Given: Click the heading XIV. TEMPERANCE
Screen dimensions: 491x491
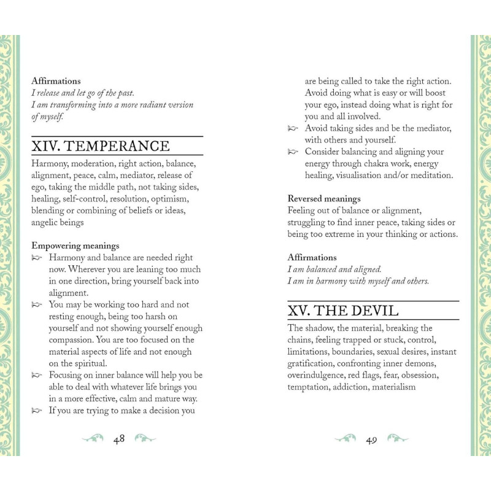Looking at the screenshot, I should click(x=101, y=146).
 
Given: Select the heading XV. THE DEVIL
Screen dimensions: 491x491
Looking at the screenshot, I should click(x=343, y=311).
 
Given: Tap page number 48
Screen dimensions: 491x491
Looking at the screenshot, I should click(x=119, y=439).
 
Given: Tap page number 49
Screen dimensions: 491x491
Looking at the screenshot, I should click(x=371, y=439).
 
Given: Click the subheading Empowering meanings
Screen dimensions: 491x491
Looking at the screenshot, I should click(x=75, y=245).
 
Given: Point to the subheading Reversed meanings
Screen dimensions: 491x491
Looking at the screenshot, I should click(x=324, y=199).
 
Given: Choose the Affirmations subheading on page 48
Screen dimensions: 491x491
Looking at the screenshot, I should click(x=56, y=81).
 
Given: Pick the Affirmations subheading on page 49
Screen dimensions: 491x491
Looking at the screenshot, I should click(x=312, y=258).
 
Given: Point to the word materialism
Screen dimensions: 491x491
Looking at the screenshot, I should click(x=392, y=387).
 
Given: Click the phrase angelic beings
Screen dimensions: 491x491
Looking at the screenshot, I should click(x=58, y=223).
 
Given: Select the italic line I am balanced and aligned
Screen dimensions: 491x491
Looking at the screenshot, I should click(x=334, y=269).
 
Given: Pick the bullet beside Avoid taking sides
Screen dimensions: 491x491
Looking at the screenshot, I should click(x=293, y=129).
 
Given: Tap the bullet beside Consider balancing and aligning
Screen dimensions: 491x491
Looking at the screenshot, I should click(x=293, y=152).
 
